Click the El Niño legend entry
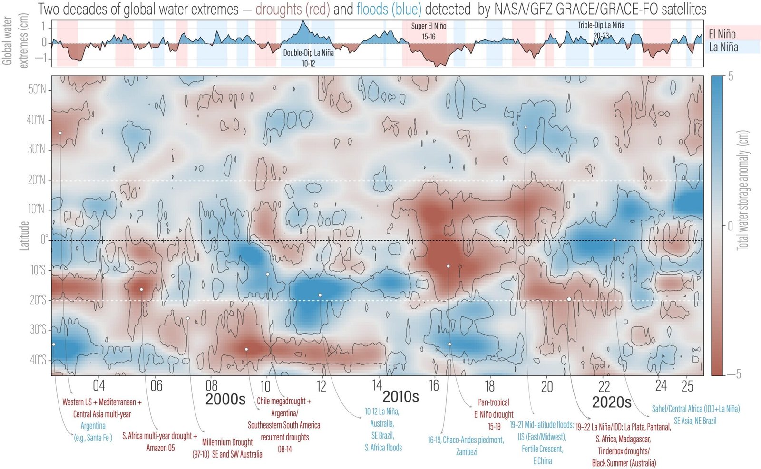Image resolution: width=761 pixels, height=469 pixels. [x=722, y=34]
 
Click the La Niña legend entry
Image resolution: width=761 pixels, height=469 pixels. [x=723, y=47]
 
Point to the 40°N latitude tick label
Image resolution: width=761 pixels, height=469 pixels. [x=36, y=119]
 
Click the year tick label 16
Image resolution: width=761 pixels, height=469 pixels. [x=434, y=385]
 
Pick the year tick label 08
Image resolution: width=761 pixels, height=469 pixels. [x=211, y=385]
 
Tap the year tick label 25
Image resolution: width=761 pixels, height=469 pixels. [x=687, y=386]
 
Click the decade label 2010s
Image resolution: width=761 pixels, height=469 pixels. [x=400, y=396]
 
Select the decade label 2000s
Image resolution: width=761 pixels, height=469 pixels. [x=225, y=399]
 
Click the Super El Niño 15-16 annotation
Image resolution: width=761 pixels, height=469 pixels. [x=429, y=31]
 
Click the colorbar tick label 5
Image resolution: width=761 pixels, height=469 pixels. [x=731, y=77]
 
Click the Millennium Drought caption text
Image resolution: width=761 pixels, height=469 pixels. [x=227, y=448]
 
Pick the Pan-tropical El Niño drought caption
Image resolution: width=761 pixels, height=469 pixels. [x=494, y=414]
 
